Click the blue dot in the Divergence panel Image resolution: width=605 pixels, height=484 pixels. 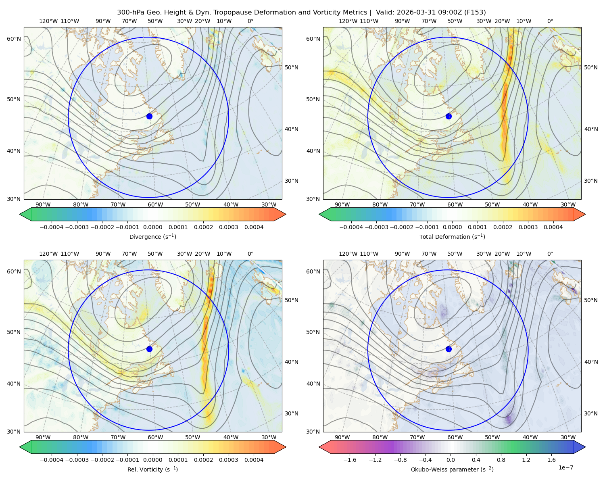point(149,116)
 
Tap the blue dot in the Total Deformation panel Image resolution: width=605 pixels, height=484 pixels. point(449,116)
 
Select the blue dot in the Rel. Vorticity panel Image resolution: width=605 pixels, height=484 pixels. point(149,349)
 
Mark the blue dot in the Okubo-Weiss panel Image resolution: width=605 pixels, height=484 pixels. point(449,349)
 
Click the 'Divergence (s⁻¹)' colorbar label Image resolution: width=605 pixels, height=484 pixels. point(152,236)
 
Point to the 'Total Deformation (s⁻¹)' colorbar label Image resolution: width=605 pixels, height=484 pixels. point(452,236)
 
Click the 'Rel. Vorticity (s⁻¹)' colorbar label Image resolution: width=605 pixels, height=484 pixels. point(152,469)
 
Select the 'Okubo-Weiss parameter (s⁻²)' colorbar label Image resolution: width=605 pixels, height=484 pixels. point(452,469)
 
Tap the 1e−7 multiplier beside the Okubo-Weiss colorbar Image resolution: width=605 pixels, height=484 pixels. point(565,467)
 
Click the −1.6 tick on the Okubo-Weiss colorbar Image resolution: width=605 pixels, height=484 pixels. point(350,460)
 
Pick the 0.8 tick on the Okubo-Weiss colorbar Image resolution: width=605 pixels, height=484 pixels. point(501,460)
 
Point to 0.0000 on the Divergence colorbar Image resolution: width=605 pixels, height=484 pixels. point(152,227)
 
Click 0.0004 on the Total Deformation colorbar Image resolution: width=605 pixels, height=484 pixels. point(553,227)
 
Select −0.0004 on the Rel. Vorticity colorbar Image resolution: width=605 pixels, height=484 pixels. point(52,460)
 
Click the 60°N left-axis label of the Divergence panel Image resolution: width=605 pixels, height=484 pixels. point(14,39)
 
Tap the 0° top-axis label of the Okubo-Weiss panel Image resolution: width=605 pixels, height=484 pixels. point(550,254)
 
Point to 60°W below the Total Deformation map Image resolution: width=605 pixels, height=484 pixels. point(455,204)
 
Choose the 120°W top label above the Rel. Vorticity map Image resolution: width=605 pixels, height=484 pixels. point(48,254)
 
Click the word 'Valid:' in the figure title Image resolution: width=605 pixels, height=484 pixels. point(384,13)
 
